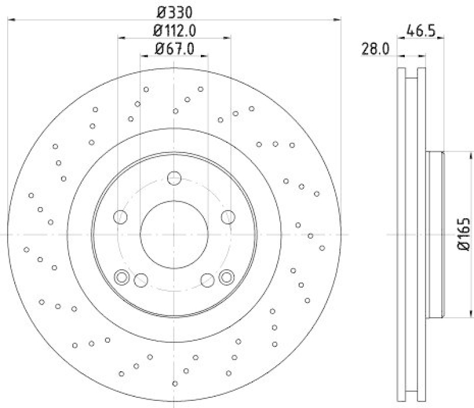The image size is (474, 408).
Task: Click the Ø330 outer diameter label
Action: pyautogui.click(x=174, y=11)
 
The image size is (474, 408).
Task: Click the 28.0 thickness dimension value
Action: pyautogui.click(x=374, y=49)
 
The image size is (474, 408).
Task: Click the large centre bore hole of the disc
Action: pyautogui.click(x=174, y=234)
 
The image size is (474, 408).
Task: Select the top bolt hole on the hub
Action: pyautogui.click(x=174, y=178)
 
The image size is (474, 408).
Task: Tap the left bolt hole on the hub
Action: pyautogui.click(x=121, y=217)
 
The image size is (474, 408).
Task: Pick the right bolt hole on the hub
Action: pyautogui.click(x=228, y=217)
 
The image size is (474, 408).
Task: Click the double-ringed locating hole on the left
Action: pyautogui.click(x=121, y=276)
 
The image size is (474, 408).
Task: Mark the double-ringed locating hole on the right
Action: pyautogui.click(x=226, y=276)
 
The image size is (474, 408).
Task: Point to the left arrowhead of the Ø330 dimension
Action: pyautogui.click(x=10, y=20)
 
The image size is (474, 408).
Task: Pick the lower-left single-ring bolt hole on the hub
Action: pyautogui.click(x=141, y=280)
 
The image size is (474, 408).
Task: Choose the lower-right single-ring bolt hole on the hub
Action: pyautogui.click(x=207, y=280)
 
